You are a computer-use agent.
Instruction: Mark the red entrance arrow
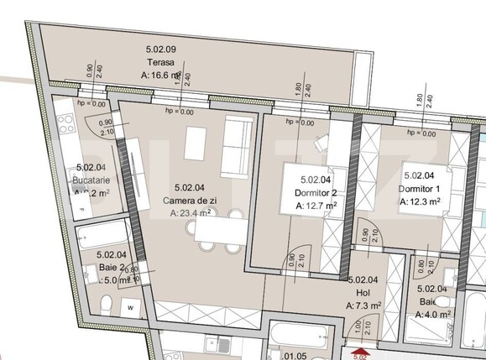(359, 353)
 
